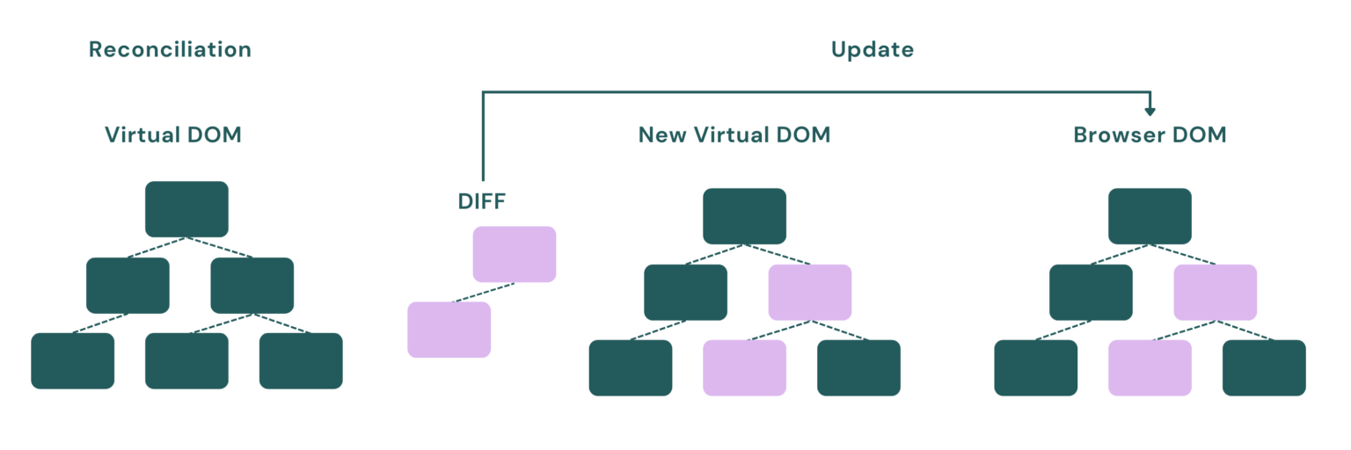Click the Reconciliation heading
click(170, 50)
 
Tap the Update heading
click(872, 50)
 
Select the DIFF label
click(482, 201)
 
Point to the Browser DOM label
click(1150, 135)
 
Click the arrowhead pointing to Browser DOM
click(1150, 111)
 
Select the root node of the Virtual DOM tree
click(186, 209)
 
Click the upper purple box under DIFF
click(515, 254)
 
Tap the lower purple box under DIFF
click(449, 330)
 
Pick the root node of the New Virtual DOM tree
click(744, 216)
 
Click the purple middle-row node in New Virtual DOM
click(810, 292)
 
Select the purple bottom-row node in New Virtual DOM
click(744, 367)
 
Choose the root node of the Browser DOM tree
click(1150, 216)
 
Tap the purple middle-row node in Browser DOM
click(1216, 292)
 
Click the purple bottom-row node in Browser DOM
click(1150, 367)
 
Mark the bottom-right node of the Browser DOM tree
click(1264, 367)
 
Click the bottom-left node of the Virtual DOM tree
click(72, 360)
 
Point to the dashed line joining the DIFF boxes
click(482, 293)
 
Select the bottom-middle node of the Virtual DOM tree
click(186, 360)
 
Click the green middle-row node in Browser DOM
click(1091, 292)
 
